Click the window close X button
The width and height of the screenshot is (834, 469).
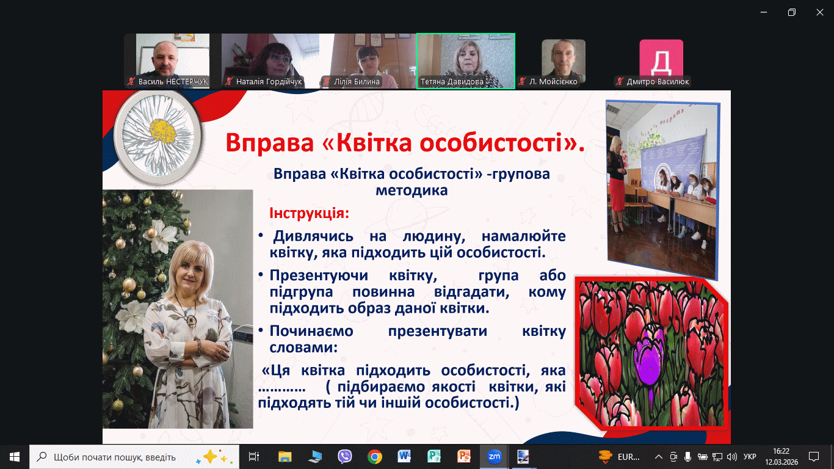[x=819, y=12]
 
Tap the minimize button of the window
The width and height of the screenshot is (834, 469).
[x=764, y=12]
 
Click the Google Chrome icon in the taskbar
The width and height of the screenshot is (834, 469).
[x=374, y=456]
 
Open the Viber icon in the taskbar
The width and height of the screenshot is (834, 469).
[x=345, y=456]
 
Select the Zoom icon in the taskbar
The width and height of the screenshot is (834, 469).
[x=494, y=456]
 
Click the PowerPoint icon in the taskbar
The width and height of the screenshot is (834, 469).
[x=464, y=456]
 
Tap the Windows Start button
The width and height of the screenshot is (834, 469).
[x=15, y=457]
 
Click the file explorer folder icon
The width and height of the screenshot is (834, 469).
[x=285, y=457]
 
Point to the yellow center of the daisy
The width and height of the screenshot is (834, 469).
[x=162, y=131]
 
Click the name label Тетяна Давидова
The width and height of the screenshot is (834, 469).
[x=452, y=82]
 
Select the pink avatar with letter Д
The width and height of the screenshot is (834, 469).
[x=661, y=58]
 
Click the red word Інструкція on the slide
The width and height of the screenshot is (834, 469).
[x=310, y=213]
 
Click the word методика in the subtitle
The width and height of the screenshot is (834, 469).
[x=412, y=191]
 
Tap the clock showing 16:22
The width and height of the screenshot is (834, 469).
[x=781, y=451]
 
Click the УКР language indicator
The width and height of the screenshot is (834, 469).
[x=750, y=457]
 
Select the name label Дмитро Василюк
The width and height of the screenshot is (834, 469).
[x=658, y=82]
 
